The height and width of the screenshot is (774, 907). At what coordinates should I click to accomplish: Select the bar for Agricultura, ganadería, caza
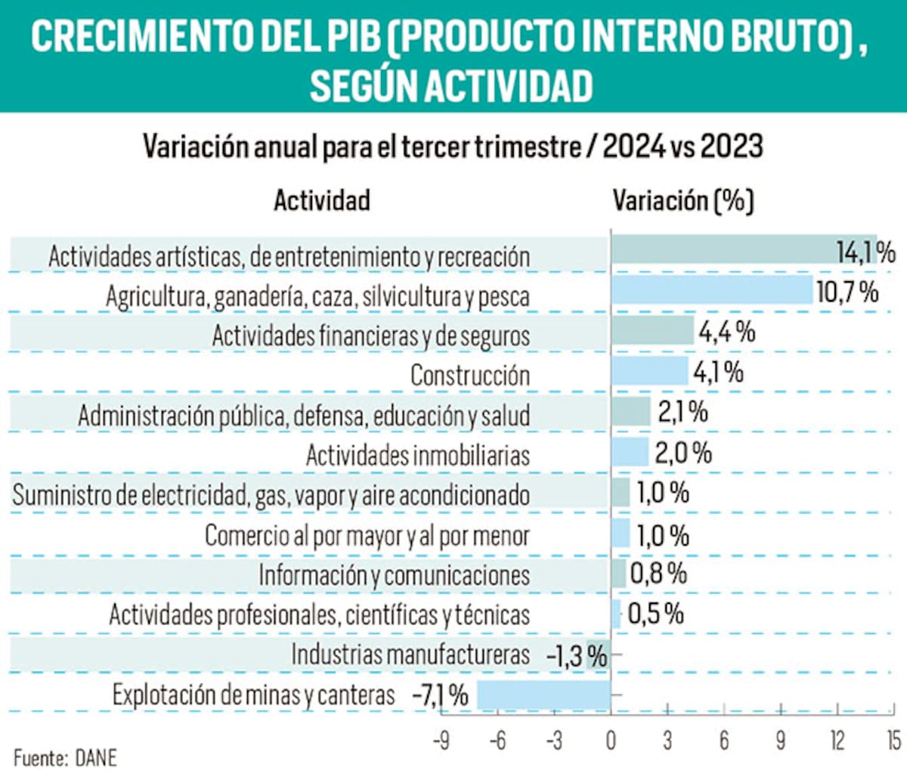tap(711, 290)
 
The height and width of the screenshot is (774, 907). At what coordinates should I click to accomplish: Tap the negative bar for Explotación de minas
tap(543, 695)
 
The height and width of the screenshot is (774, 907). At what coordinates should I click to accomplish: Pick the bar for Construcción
tap(649, 371)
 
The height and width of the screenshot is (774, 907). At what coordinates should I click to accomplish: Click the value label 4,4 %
tap(726, 332)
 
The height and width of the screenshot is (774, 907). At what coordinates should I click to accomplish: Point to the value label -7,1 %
tap(440, 695)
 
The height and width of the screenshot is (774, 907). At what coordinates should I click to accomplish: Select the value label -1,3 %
tap(576, 655)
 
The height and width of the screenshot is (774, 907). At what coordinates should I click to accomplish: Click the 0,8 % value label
tap(658, 574)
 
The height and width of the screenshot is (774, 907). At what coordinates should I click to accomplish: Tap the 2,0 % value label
tap(683, 453)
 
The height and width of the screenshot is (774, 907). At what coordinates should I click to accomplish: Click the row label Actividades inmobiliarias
tap(417, 455)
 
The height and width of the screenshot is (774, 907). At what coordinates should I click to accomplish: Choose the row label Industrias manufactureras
tap(410, 655)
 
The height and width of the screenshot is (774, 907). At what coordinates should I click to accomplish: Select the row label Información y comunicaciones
tap(394, 575)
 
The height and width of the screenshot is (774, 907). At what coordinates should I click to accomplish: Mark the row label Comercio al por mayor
tap(367, 536)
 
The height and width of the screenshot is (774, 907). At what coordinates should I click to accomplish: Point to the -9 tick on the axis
tap(441, 740)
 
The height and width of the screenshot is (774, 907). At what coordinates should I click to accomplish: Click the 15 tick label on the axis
tap(893, 740)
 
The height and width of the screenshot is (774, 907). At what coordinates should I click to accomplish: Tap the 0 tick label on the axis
tap(611, 740)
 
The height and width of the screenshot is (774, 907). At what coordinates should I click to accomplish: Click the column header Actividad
tap(321, 200)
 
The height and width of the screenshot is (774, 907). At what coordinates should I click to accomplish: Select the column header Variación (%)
tap(683, 200)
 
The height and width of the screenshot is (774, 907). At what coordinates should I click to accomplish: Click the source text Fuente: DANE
tap(65, 757)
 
